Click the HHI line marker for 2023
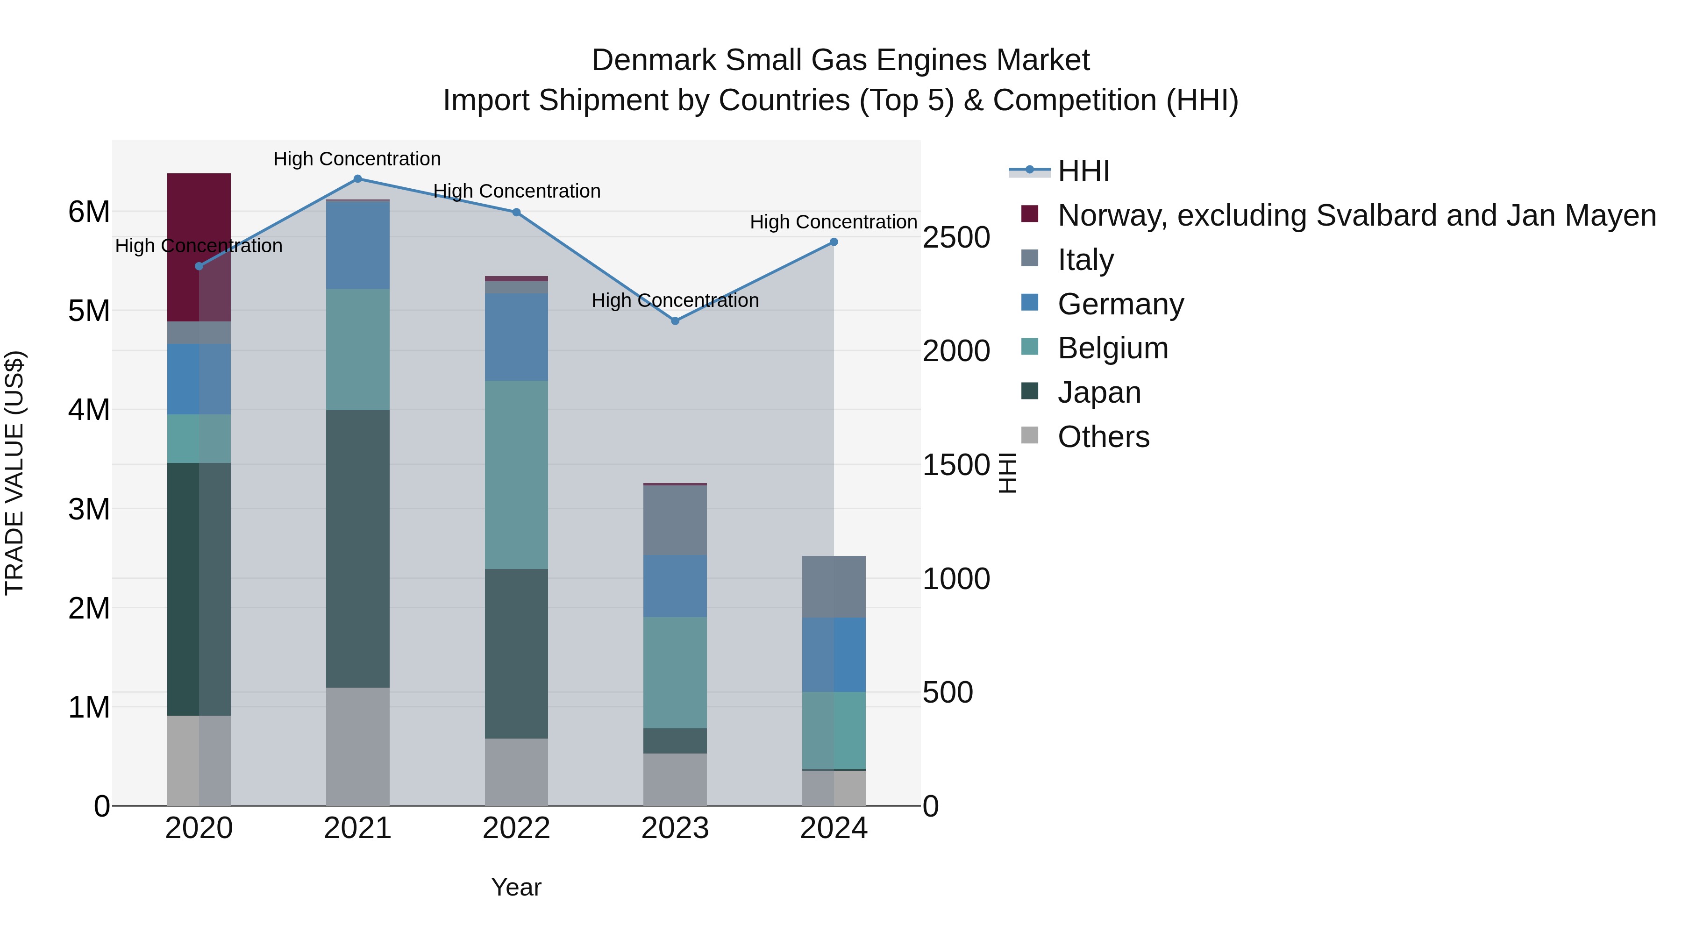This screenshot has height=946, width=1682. pos(675,320)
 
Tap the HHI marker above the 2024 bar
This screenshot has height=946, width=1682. pos(834,242)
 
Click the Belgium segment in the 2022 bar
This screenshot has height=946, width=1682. pos(516,475)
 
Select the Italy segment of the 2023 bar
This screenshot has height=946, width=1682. pos(675,520)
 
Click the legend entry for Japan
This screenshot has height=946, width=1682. pos(1099,392)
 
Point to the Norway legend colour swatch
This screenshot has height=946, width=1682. pos(1030,213)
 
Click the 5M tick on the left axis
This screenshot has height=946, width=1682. pos(89,311)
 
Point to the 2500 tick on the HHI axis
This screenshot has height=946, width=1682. pos(956,238)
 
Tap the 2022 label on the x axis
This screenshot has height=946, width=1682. pos(516,828)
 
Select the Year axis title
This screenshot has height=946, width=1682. pos(516,887)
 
